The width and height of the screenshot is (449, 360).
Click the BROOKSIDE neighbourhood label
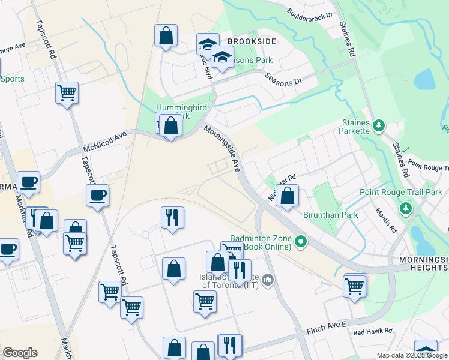click(x=252, y=41)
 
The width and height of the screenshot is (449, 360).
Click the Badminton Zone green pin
click(x=301, y=242)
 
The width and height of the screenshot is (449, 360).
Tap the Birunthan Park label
click(x=330, y=215)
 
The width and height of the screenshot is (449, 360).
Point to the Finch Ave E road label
click(x=328, y=325)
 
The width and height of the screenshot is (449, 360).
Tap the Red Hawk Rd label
click(x=372, y=331)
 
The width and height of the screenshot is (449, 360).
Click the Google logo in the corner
click(x=20, y=353)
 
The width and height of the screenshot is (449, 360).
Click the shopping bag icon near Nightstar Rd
click(x=288, y=196)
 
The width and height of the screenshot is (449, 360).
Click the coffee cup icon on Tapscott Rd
click(x=97, y=195)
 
